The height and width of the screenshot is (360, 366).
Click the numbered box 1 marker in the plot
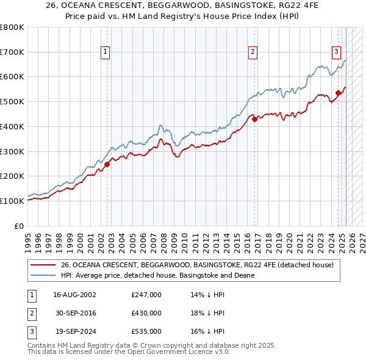[x=106, y=52]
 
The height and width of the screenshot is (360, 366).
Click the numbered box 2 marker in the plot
[x=253, y=52]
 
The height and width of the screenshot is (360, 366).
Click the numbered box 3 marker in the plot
[x=336, y=52]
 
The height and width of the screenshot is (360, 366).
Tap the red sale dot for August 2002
[x=107, y=164]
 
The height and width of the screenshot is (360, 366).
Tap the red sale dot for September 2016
[x=255, y=119]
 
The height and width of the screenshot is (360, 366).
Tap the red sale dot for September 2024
[x=338, y=93]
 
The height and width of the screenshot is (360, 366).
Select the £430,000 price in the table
[x=146, y=313]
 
